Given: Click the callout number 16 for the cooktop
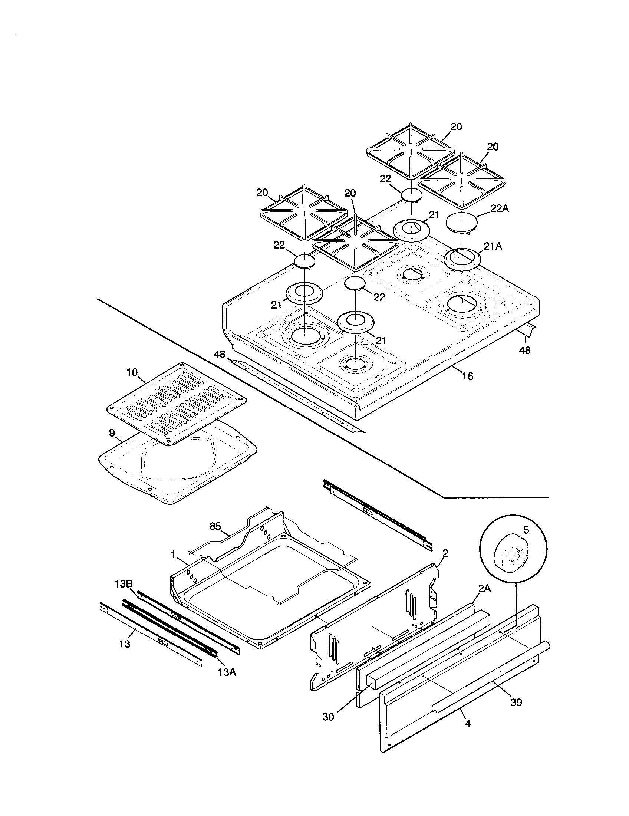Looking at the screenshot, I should tap(467, 376).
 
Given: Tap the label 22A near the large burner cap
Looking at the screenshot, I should tap(500, 209).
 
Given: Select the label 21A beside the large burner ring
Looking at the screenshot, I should tap(493, 246).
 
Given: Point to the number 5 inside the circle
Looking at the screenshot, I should tap(526, 530).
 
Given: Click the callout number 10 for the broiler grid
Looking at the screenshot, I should tap(132, 372).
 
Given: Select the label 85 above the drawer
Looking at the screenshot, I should tap(215, 526).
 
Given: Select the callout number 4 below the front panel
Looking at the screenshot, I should tap(468, 724).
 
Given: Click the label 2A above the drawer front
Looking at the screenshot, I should tap(484, 589).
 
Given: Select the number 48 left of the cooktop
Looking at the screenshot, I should tap(220, 354).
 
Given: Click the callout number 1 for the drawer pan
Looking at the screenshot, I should tap(173, 555).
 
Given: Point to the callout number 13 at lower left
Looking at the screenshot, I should tap(125, 644).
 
